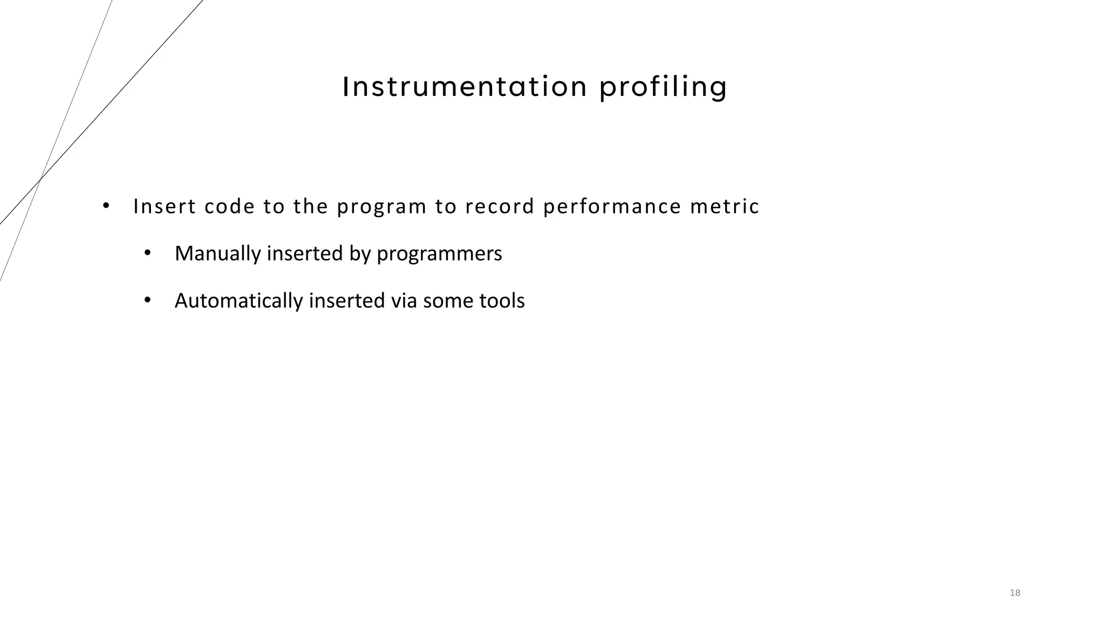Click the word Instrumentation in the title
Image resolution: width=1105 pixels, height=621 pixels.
tap(465, 87)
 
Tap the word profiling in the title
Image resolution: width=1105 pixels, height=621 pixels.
tap(663, 88)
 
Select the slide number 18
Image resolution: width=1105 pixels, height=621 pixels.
tap(1014, 593)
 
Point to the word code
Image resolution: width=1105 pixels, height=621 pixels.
tap(229, 206)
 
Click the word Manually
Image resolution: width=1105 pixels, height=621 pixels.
tap(217, 254)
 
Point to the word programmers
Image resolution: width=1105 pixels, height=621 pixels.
tap(439, 254)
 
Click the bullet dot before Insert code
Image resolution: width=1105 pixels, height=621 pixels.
tap(106, 205)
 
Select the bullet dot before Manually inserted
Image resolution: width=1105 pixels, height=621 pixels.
tap(147, 253)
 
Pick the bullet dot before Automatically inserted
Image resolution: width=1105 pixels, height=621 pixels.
tap(147, 300)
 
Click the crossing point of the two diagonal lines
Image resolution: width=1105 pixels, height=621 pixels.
tap(40, 178)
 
